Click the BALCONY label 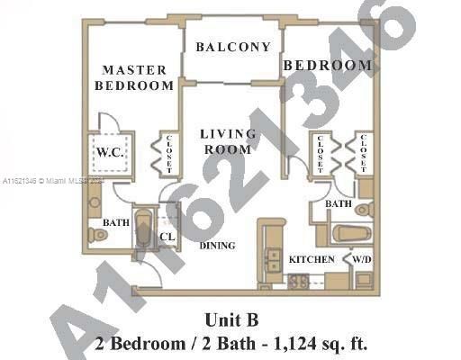coord(232,47)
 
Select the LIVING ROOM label coord(227,141)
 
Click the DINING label coord(218,245)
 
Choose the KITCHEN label coord(312,259)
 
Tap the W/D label coord(361,259)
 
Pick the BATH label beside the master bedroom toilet coord(115,222)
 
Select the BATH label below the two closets coord(338,204)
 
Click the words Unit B coord(230,319)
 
